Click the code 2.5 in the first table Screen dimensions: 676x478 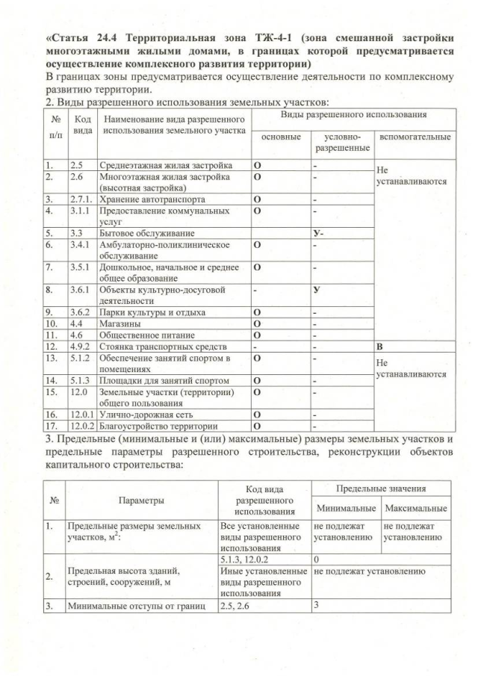(76, 164)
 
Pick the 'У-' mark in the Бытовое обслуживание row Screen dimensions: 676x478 (317, 233)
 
